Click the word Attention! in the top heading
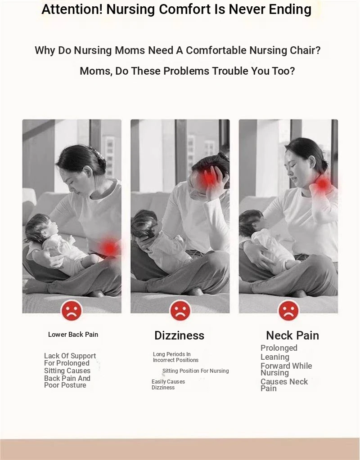72,9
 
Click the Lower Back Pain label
73,335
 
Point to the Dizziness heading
180,335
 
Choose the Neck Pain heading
292,335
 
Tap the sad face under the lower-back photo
72,310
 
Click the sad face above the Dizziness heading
180,310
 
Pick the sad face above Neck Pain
288,310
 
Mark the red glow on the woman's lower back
110,248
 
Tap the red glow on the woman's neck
323,184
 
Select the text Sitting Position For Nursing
196,371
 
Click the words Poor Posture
65,385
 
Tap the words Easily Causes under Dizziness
168,382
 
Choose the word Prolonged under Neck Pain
279,348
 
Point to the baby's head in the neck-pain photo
250,222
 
